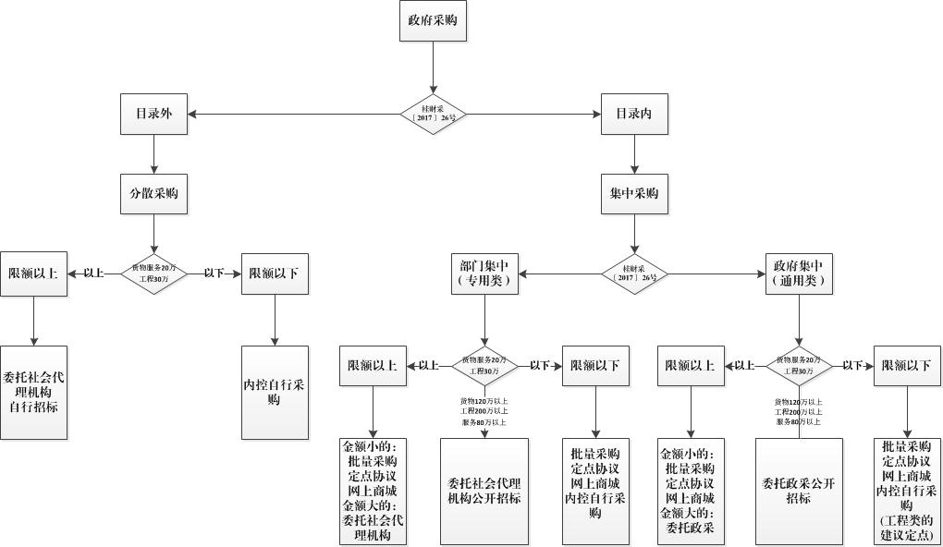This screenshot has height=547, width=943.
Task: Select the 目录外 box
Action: click(153, 115)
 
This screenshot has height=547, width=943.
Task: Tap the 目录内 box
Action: click(633, 115)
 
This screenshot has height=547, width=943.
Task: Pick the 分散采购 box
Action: click(153, 195)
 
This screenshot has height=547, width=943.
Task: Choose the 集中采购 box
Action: click(633, 195)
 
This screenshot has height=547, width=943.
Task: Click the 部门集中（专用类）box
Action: click(485, 273)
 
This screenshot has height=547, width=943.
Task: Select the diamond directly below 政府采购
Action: click(433, 115)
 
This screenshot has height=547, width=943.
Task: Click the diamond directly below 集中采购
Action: click(633, 273)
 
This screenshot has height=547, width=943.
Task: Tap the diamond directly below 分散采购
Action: click(153, 273)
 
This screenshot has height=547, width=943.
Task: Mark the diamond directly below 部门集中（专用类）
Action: click(485, 366)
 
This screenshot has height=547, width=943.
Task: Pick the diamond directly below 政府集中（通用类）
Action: click(799, 366)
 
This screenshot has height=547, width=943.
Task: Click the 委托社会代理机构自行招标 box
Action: click(33, 392)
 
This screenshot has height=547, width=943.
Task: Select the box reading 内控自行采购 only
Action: click(275, 392)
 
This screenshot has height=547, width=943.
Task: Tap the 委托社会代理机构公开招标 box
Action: click(484, 491)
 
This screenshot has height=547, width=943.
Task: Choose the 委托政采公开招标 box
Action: click(799, 491)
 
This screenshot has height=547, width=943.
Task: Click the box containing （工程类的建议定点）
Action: click(907, 491)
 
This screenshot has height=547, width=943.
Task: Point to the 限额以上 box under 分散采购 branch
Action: click(33, 273)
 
